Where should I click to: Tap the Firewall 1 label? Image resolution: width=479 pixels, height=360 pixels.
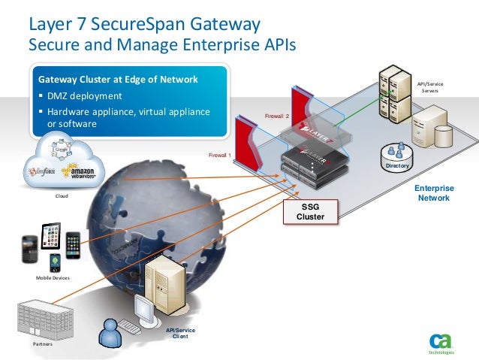pyautogui.click(x=219, y=156)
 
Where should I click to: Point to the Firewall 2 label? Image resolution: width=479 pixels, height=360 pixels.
pyautogui.click(x=277, y=116)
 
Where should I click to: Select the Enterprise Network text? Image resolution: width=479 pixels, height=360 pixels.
pyautogui.click(x=435, y=193)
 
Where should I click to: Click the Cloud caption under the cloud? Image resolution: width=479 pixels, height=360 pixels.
pyautogui.click(x=62, y=197)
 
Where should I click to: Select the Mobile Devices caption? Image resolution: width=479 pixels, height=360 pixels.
pyautogui.click(x=51, y=278)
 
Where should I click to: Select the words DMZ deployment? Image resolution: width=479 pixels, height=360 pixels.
pyautogui.click(x=83, y=96)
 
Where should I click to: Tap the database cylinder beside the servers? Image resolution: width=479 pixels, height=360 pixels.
pyautogui.click(x=444, y=135)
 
